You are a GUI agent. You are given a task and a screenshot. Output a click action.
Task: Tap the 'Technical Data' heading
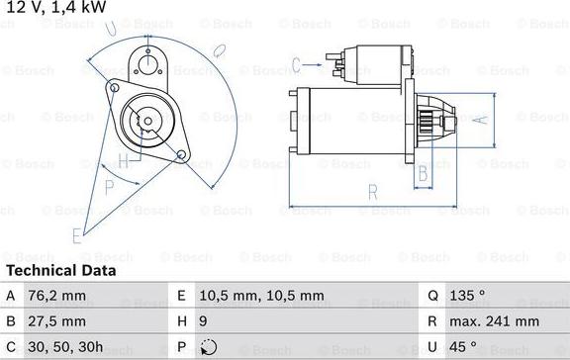click(61, 270)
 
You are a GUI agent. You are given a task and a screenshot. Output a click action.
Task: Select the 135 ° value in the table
click(466, 295)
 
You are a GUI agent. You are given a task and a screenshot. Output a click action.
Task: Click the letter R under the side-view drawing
click(371, 191)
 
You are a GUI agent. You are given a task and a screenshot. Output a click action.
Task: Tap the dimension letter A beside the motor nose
click(481, 121)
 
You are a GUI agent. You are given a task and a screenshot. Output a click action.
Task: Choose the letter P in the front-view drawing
click(109, 186)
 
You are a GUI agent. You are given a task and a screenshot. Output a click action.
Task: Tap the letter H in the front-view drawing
click(124, 161)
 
